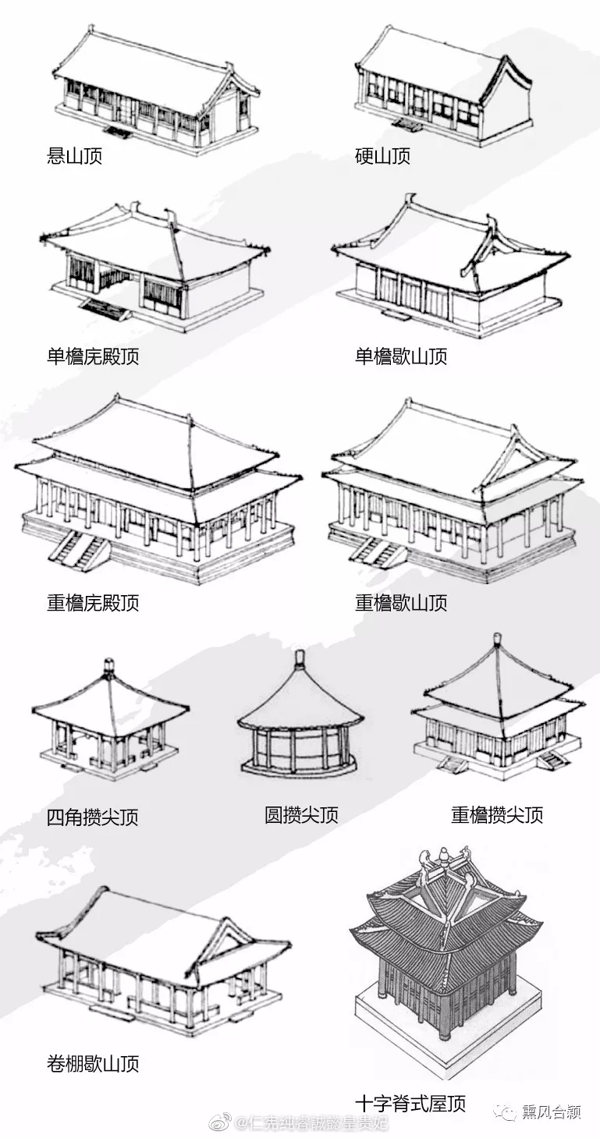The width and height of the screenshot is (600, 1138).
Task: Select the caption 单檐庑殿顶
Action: pos(93,357)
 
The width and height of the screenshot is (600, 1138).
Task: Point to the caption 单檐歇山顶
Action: pos(401,357)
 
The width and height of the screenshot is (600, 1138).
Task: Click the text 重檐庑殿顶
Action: pos(93,603)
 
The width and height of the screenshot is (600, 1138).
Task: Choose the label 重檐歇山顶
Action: pos(401,603)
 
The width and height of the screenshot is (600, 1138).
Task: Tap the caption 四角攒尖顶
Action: pos(93,817)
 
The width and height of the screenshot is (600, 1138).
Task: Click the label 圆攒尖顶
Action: pos(301,816)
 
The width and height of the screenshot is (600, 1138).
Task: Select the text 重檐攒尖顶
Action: pos(497,816)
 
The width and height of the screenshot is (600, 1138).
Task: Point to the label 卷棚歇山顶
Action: pos(93,1064)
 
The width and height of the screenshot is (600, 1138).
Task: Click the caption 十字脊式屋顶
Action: pos(410,1104)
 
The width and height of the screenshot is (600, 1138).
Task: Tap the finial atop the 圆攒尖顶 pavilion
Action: pos(299,659)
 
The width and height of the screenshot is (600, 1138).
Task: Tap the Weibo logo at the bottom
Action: pos(222,1123)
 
